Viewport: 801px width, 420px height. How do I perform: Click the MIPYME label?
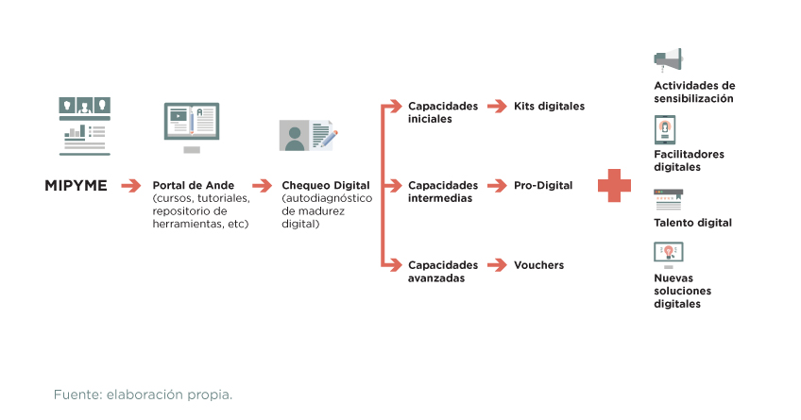coord(76,186)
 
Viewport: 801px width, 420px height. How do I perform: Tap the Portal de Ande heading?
coord(194,186)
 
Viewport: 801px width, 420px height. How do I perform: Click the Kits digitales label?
coord(549,106)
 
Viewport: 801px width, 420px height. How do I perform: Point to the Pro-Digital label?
coord(543,186)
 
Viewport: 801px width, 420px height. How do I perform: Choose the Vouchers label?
coord(538,265)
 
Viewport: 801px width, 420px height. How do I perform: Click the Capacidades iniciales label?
coord(442,111)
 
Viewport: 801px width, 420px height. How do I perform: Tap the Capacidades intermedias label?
coord(442,192)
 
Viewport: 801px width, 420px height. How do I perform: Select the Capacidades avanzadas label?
coord(442,272)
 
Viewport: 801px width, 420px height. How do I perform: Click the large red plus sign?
coord(614,185)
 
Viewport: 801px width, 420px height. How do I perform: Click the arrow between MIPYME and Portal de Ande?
coord(130,186)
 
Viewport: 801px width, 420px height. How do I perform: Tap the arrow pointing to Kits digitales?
coord(497,106)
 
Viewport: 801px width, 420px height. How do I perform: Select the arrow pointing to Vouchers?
coord(497,265)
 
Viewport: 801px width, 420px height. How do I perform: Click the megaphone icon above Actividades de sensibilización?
coord(668,59)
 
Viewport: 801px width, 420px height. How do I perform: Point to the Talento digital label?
coord(692,223)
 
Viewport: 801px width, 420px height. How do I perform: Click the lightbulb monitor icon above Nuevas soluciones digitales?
coord(668,253)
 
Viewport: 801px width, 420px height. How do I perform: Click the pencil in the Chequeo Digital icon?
coord(324,138)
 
